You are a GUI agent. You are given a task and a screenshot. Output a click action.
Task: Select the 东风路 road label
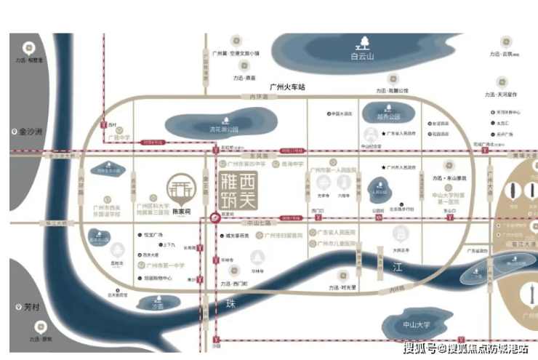(x=249, y=156)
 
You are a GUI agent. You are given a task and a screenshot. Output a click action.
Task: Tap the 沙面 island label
(x=158, y=305)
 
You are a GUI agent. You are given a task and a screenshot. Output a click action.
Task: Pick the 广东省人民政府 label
(x=403, y=134)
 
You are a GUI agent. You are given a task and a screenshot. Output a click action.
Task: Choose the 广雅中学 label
(x=119, y=137)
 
